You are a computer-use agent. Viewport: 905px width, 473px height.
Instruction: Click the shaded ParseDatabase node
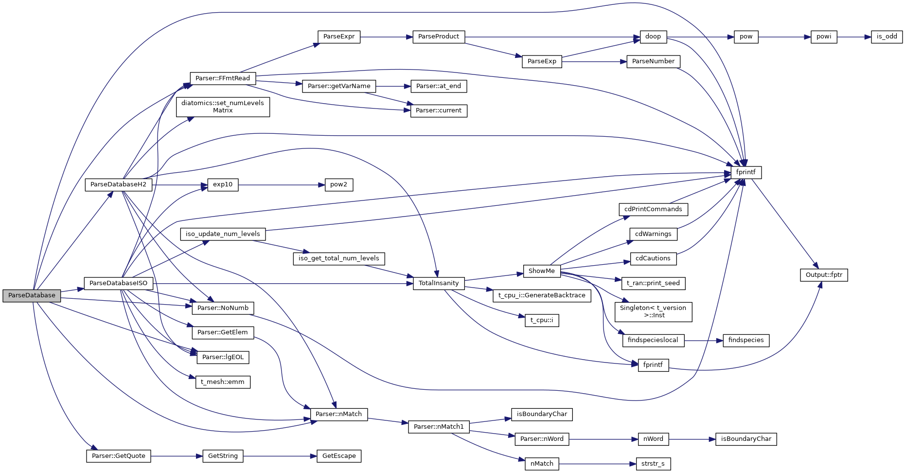click(32, 295)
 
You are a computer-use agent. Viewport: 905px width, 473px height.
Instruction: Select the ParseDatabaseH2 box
click(118, 185)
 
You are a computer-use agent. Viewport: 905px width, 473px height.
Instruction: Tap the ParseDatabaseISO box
click(118, 283)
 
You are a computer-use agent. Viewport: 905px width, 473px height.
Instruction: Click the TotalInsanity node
click(438, 283)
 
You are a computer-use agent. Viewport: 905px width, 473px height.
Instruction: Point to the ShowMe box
click(541, 271)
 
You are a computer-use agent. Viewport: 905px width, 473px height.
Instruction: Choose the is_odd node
click(887, 36)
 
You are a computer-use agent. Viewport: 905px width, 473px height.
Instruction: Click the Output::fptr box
click(823, 275)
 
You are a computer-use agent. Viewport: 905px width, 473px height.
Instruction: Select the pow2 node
click(338, 185)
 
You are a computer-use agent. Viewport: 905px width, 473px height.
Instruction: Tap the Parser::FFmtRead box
click(222, 78)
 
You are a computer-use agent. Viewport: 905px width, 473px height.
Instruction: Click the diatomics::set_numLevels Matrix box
click(222, 107)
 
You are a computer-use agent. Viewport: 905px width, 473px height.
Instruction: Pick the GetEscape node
click(338, 456)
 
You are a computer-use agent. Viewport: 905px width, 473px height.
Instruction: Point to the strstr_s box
click(653, 464)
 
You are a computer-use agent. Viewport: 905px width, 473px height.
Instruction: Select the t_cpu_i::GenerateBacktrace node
click(541, 295)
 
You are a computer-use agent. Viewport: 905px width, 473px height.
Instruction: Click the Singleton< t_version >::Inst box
click(653, 311)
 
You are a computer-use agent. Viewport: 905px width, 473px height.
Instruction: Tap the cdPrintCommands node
click(653, 209)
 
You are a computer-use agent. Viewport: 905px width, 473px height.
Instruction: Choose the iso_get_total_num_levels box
click(338, 258)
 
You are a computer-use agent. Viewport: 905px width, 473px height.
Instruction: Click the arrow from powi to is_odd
click(853, 37)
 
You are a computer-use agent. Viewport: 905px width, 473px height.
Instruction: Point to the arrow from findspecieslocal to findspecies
click(703, 341)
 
